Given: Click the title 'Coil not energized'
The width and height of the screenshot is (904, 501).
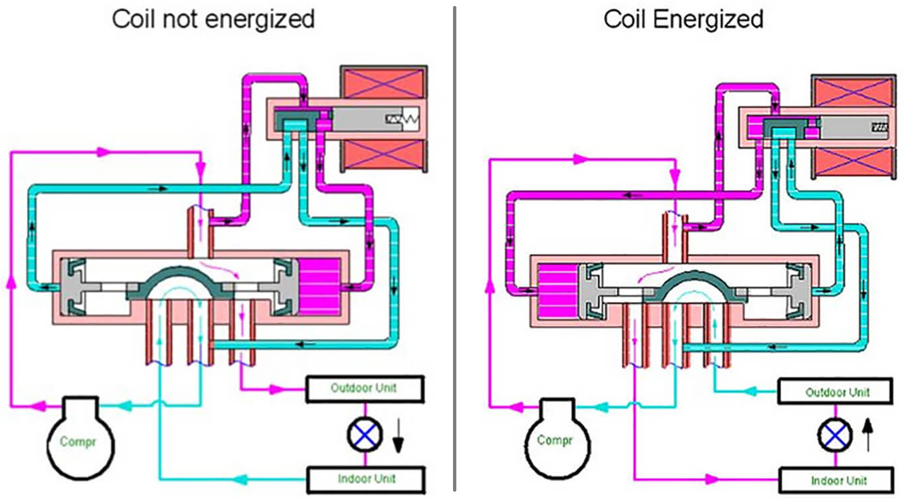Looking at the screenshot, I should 213,19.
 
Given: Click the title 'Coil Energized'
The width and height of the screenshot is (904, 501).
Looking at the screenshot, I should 684,19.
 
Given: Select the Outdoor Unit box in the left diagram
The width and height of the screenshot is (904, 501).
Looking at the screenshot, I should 364,388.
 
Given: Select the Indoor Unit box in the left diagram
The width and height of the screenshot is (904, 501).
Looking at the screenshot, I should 365,478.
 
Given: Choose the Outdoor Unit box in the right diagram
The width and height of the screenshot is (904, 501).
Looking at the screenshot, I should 836,391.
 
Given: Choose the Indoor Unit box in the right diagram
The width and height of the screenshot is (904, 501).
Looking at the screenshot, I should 836,480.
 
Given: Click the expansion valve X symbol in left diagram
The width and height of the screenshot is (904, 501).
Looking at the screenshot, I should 365,435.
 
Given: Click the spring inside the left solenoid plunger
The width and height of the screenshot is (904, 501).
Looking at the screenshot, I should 401,121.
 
